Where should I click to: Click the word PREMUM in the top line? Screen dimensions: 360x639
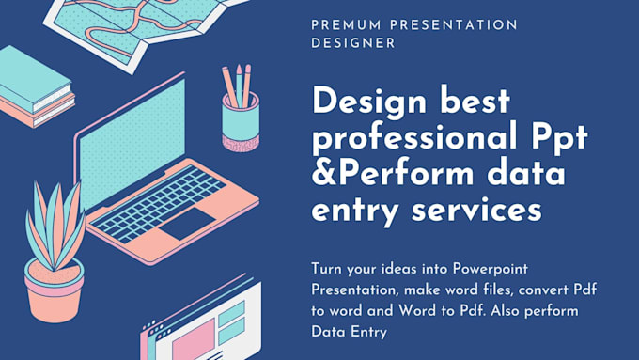click(342, 24)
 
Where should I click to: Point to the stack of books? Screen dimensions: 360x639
click(36, 89)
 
